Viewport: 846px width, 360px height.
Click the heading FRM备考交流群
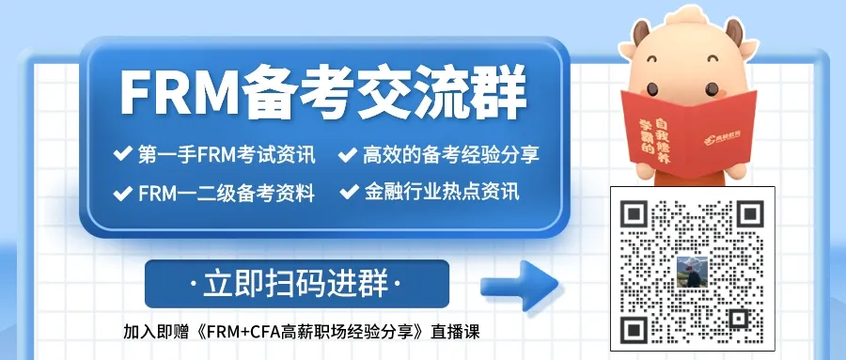click(322, 92)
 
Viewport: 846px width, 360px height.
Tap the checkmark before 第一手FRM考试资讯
click(122, 154)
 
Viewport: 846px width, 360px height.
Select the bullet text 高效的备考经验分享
click(451, 155)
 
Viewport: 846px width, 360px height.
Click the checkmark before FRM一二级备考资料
click(122, 193)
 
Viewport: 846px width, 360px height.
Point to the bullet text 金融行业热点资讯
click(442, 192)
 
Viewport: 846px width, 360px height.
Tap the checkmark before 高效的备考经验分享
click(348, 155)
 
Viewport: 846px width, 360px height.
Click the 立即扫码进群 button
click(297, 284)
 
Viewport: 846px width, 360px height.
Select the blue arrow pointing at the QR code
click(519, 285)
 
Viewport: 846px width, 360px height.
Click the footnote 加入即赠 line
click(301, 332)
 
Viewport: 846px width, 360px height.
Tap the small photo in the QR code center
click(692, 272)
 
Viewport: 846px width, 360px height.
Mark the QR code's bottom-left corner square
click(634, 330)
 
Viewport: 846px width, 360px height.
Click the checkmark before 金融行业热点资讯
click(349, 192)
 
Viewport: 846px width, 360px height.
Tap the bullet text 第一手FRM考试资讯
click(227, 155)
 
